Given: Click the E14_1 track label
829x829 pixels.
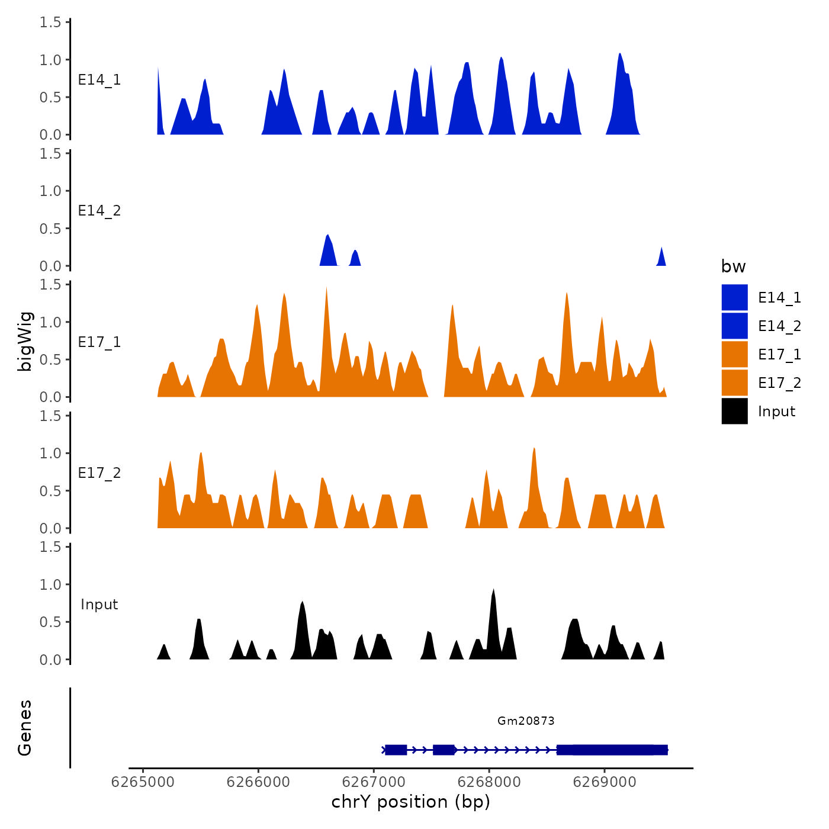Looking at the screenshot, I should click(x=99, y=80).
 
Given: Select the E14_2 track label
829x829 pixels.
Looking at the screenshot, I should click(x=99, y=211).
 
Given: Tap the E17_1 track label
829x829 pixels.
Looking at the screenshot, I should click(x=99, y=342).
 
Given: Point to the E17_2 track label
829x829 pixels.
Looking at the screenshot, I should click(x=99, y=473).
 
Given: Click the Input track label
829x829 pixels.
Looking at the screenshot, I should click(x=99, y=605).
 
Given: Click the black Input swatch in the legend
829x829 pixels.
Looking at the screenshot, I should click(x=734, y=411).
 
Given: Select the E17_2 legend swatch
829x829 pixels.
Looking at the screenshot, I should click(x=734, y=383).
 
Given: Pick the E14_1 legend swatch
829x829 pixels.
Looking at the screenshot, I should click(x=734, y=297).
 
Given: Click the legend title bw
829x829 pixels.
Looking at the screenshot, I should click(x=733, y=266).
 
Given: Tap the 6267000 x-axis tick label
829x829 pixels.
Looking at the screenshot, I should click(x=374, y=782).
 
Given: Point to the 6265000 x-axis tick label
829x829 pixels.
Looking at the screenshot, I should click(x=143, y=782).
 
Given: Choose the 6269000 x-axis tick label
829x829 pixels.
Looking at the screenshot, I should click(x=605, y=782).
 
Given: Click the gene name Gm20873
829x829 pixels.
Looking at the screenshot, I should click(x=526, y=721).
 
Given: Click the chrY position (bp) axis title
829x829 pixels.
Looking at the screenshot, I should click(x=410, y=802).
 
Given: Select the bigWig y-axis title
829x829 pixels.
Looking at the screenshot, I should click(x=25, y=342).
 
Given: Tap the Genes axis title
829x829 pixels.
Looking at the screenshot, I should click(x=25, y=728).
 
